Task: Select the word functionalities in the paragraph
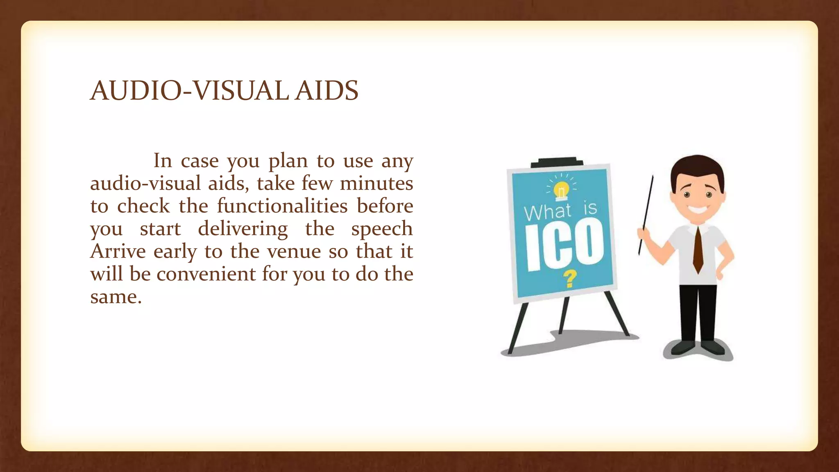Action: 282,206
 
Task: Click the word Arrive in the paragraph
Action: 118,251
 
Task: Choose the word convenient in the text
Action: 206,274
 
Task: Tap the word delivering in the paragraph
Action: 243,229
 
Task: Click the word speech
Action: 382,229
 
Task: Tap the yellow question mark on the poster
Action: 569,279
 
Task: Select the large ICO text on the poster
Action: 564,245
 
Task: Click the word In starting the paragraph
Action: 162,161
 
